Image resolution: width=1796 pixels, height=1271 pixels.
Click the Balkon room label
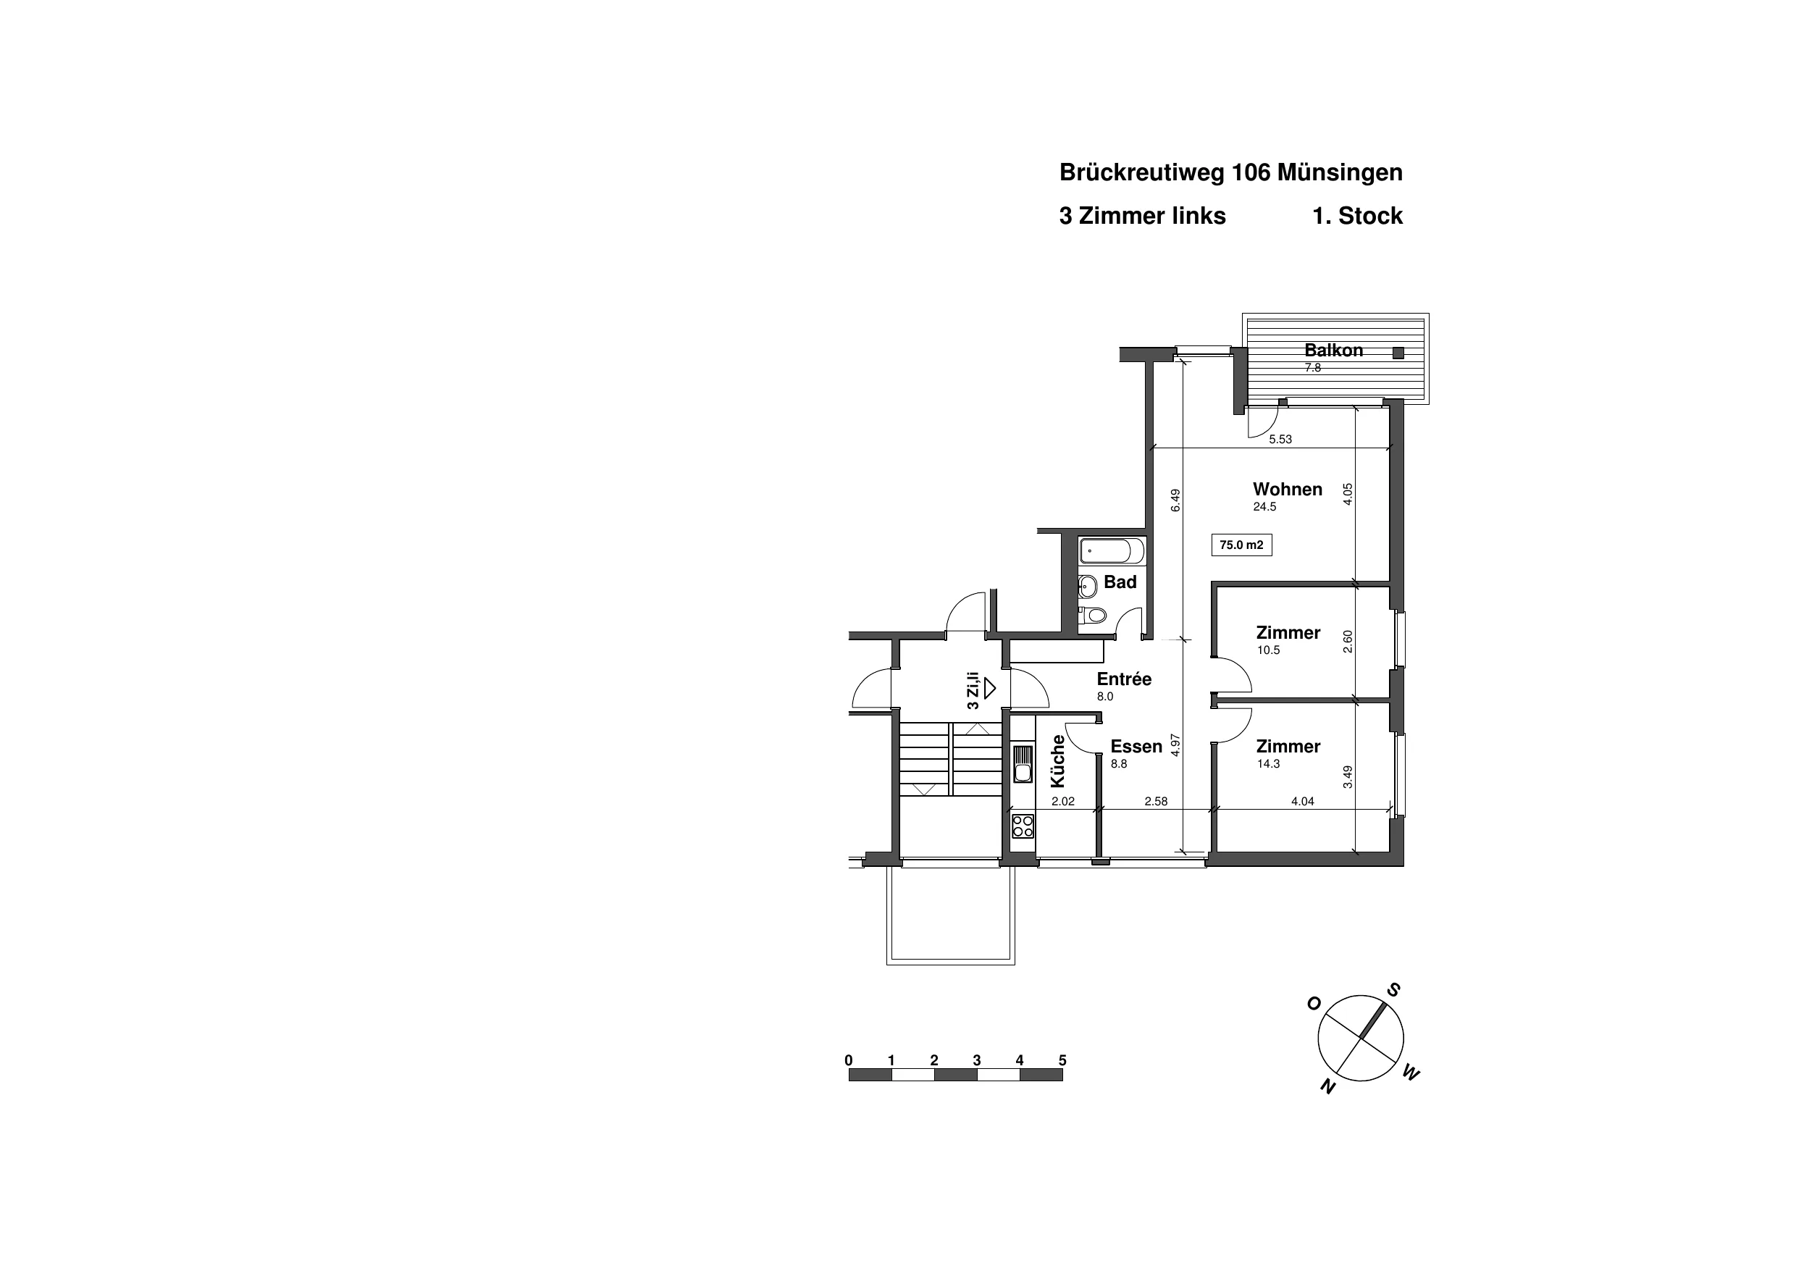point(1333,351)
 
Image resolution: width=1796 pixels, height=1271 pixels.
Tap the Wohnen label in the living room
point(1288,489)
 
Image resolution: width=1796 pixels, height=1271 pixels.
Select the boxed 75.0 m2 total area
point(1241,545)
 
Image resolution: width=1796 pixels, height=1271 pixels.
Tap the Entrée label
point(1124,679)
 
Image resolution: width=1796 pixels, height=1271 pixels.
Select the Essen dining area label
point(1136,747)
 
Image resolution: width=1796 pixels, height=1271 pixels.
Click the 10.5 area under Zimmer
point(1268,650)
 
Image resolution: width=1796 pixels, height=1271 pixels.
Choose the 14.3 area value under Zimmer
point(1268,764)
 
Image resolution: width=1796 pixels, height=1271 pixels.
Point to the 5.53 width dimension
point(1280,440)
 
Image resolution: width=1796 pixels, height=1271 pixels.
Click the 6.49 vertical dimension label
point(1175,500)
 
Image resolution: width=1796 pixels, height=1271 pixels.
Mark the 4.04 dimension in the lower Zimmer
point(1302,802)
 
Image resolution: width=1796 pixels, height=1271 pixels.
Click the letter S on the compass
point(1393,990)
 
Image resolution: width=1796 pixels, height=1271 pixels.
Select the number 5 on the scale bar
point(1062,1061)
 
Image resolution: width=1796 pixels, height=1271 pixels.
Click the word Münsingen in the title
point(1340,173)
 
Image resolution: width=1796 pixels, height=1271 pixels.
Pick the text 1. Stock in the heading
point(1357,216)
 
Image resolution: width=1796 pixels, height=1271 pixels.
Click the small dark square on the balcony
point(1398,353)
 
